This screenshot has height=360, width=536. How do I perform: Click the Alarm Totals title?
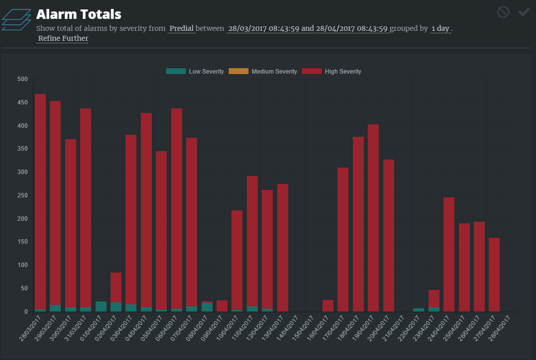(79, 14)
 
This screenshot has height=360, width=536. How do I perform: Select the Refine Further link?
(63, 39)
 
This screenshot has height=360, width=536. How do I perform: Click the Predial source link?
(182, 28)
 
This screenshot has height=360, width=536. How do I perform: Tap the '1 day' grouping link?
(440, 28)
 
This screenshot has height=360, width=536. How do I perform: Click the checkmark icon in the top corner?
(524, 12)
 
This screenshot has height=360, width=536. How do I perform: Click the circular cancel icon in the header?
(503, 12)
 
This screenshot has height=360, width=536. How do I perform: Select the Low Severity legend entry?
(195, 72)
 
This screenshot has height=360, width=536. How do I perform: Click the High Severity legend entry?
(332, 72)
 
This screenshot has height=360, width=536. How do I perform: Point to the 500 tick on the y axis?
(22, 79)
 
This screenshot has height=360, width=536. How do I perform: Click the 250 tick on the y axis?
(22, 195)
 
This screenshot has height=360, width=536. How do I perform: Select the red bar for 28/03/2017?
(40, 199)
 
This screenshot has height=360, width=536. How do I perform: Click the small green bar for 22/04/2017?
(419, 310)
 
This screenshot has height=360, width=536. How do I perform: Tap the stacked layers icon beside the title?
(16, 19)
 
